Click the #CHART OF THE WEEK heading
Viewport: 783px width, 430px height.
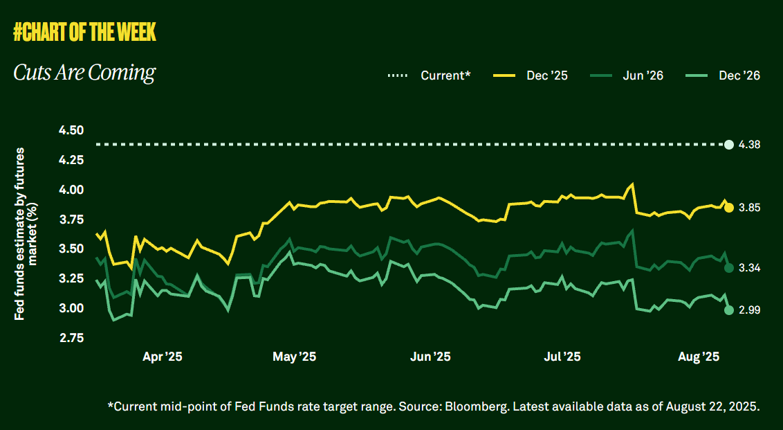pyautogui.click(x=84, y=31)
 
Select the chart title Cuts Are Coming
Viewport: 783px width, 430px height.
pyautogui.click(x=84, y=73)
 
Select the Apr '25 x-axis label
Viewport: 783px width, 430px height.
pyautogui.click(x=163, y=357)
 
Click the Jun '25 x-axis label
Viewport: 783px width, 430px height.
pyautogui.click(x=430, y=357)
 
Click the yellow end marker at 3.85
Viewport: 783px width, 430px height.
pyautogui.click(x=729, y=208)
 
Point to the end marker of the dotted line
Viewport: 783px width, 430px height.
pyautogui.click(x=728, y=144)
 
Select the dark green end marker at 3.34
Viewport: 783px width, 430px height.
pyautogui.click(x=729, y=268)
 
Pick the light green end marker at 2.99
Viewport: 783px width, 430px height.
pyautogui.click(x=729, y=310)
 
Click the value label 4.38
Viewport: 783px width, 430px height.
pyautogui.click(x=750, y=145)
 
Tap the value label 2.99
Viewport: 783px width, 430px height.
pyautogui.click(x=750, y=310)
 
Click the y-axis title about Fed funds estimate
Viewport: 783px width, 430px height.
pyautogui.click(x=26, y=234)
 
